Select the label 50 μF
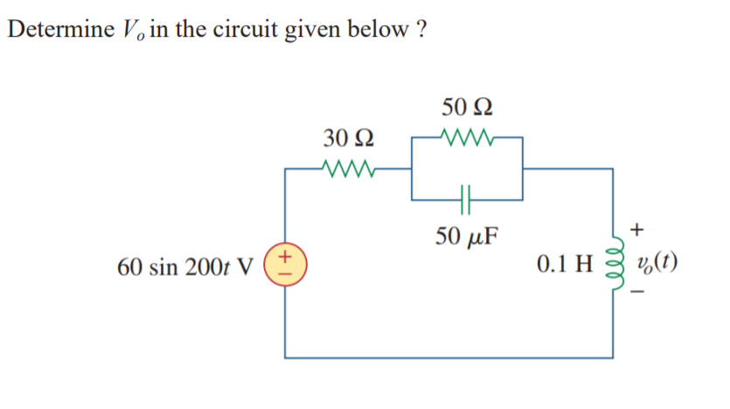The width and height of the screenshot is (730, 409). (468, 236)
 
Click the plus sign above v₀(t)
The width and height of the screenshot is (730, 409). (637, 231)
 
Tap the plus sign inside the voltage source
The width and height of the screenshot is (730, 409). (286, 256)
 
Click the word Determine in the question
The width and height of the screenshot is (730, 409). (58, 29)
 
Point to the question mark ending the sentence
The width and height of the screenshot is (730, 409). (421, 29)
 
